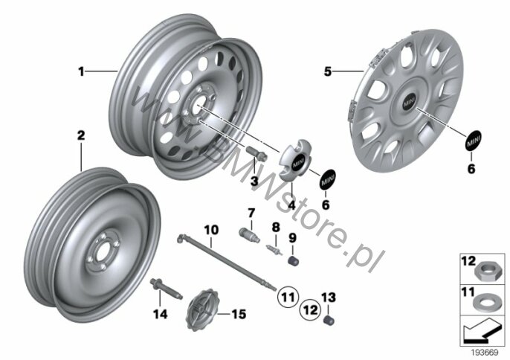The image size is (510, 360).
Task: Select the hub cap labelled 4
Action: click(x=294, y=160)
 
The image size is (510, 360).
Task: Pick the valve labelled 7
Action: click(x=250, y=235)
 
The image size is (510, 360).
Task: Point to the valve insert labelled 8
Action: click(x=274, y=250)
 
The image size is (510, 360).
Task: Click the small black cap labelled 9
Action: click(x=294, y=260)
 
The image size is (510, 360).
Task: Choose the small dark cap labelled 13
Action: click(x=329, y=320)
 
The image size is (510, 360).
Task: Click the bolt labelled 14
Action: click(x=167, y=289)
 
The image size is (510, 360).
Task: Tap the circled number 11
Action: click(x=288, y=297)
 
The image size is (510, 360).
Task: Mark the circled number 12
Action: click(x=310, y=309)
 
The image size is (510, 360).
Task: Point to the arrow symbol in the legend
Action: click(x=482, y=330)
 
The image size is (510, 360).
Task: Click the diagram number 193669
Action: click(x=485, y=353)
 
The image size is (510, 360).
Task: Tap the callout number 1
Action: click(x=81, y=71)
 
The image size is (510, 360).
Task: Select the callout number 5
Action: click(x=328, y=71)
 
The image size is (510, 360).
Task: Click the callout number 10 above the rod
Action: click(x=211, y=230)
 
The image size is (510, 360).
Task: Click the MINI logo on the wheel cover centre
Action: click(x=409, y=102)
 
